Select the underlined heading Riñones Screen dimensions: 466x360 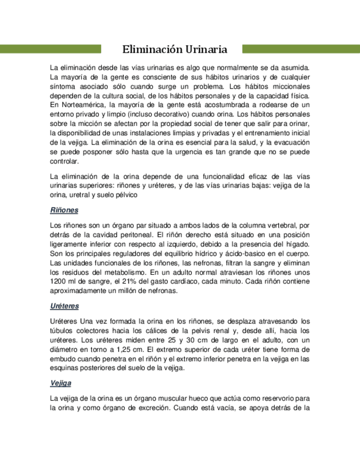coord(64,210)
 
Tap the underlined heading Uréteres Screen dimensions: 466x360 coord(64,305)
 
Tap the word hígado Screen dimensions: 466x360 coord(297,243)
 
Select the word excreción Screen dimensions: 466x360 coord(153,408)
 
